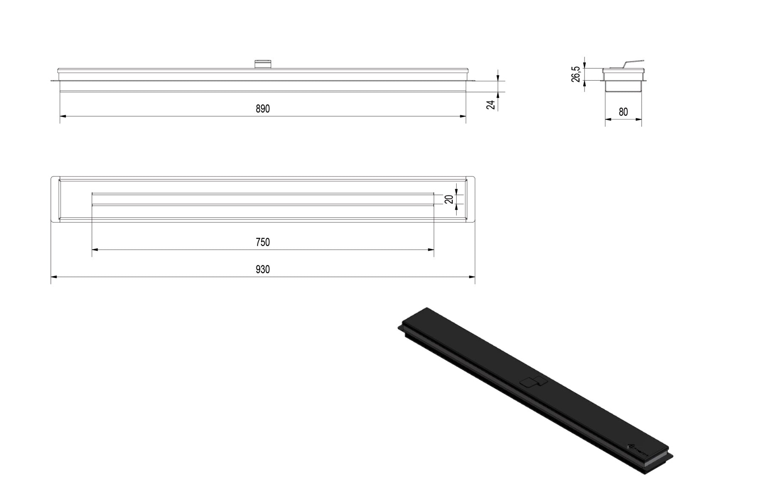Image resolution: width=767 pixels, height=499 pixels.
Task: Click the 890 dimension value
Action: [262, 109]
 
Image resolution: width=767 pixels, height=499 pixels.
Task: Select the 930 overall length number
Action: [262, 269]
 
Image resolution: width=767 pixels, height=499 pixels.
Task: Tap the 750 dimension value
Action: [262, 242]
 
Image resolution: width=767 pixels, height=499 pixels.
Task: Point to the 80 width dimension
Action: [623, 112]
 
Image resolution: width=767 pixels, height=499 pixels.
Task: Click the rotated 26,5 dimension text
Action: [576, 74]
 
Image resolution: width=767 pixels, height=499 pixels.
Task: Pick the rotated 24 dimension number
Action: [491, 105]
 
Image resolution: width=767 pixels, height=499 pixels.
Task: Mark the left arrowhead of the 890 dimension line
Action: [63, 116]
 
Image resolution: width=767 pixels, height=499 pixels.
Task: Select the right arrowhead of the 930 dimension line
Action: [472, 277]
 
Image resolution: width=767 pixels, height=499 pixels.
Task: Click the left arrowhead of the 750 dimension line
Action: [95, 250]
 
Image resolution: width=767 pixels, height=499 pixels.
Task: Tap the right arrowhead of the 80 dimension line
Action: [639, 119]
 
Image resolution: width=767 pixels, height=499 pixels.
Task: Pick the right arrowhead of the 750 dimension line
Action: [431, 250]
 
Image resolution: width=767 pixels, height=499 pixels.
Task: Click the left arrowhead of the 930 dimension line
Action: [54, 277]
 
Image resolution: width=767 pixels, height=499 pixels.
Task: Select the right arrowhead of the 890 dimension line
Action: [463, 116]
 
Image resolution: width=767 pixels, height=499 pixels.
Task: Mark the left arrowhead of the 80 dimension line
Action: [608, 119]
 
